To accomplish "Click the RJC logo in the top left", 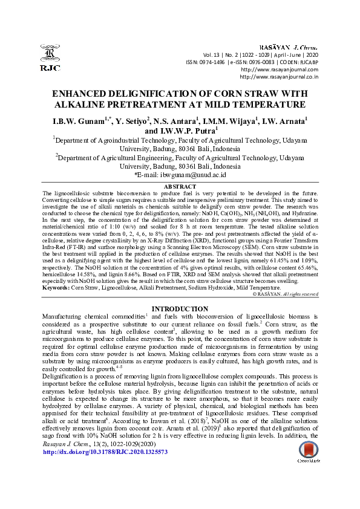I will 49,59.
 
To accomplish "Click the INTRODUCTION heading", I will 180,310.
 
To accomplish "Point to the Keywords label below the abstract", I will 56,288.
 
